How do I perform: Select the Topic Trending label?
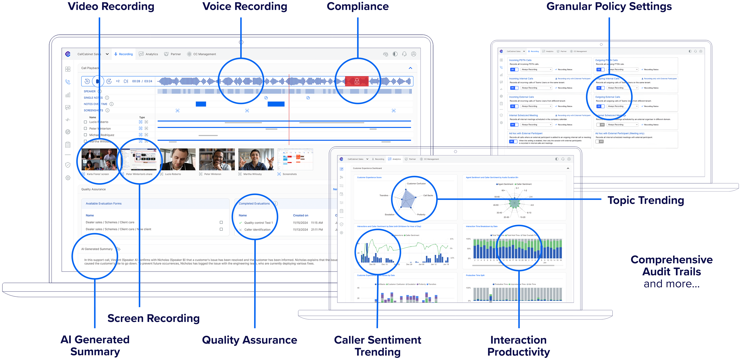click(645, 200)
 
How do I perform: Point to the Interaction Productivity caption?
click(518, 346)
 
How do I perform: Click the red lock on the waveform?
click(357, 81)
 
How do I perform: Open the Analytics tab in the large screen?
click(149, 54)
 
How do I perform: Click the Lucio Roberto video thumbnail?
click(178, 159)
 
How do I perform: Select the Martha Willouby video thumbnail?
click(256, 159)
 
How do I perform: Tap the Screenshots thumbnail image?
click(295, 159)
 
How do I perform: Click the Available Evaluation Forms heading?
click(104, 204)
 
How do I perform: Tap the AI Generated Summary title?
click(97, 249)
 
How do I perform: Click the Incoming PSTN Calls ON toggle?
click(514, 70)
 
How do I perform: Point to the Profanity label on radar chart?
click(421, 215)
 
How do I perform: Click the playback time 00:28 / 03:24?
click(142, 81)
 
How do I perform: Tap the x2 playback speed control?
click(118, 81)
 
